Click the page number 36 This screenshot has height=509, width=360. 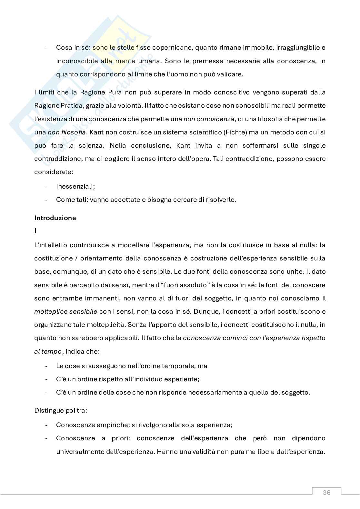click(326, 493)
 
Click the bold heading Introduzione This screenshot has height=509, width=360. click(55, 218)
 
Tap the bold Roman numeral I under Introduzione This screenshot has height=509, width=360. click(35, 230)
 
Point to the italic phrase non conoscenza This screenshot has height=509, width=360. click(209, 119)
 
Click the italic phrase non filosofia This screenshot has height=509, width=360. click(67, 132)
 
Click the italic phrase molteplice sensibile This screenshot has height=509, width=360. click(65, 311)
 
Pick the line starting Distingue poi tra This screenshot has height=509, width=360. click(61, 411)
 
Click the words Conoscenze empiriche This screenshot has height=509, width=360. click(92, 425)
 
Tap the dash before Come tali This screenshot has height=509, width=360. click(47, 200)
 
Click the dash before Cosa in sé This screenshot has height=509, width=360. click(47, 48)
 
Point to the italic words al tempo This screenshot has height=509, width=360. click(48, 351)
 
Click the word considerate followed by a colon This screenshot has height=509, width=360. click(54, 172)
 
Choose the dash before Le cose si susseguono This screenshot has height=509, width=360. click(47, 366)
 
